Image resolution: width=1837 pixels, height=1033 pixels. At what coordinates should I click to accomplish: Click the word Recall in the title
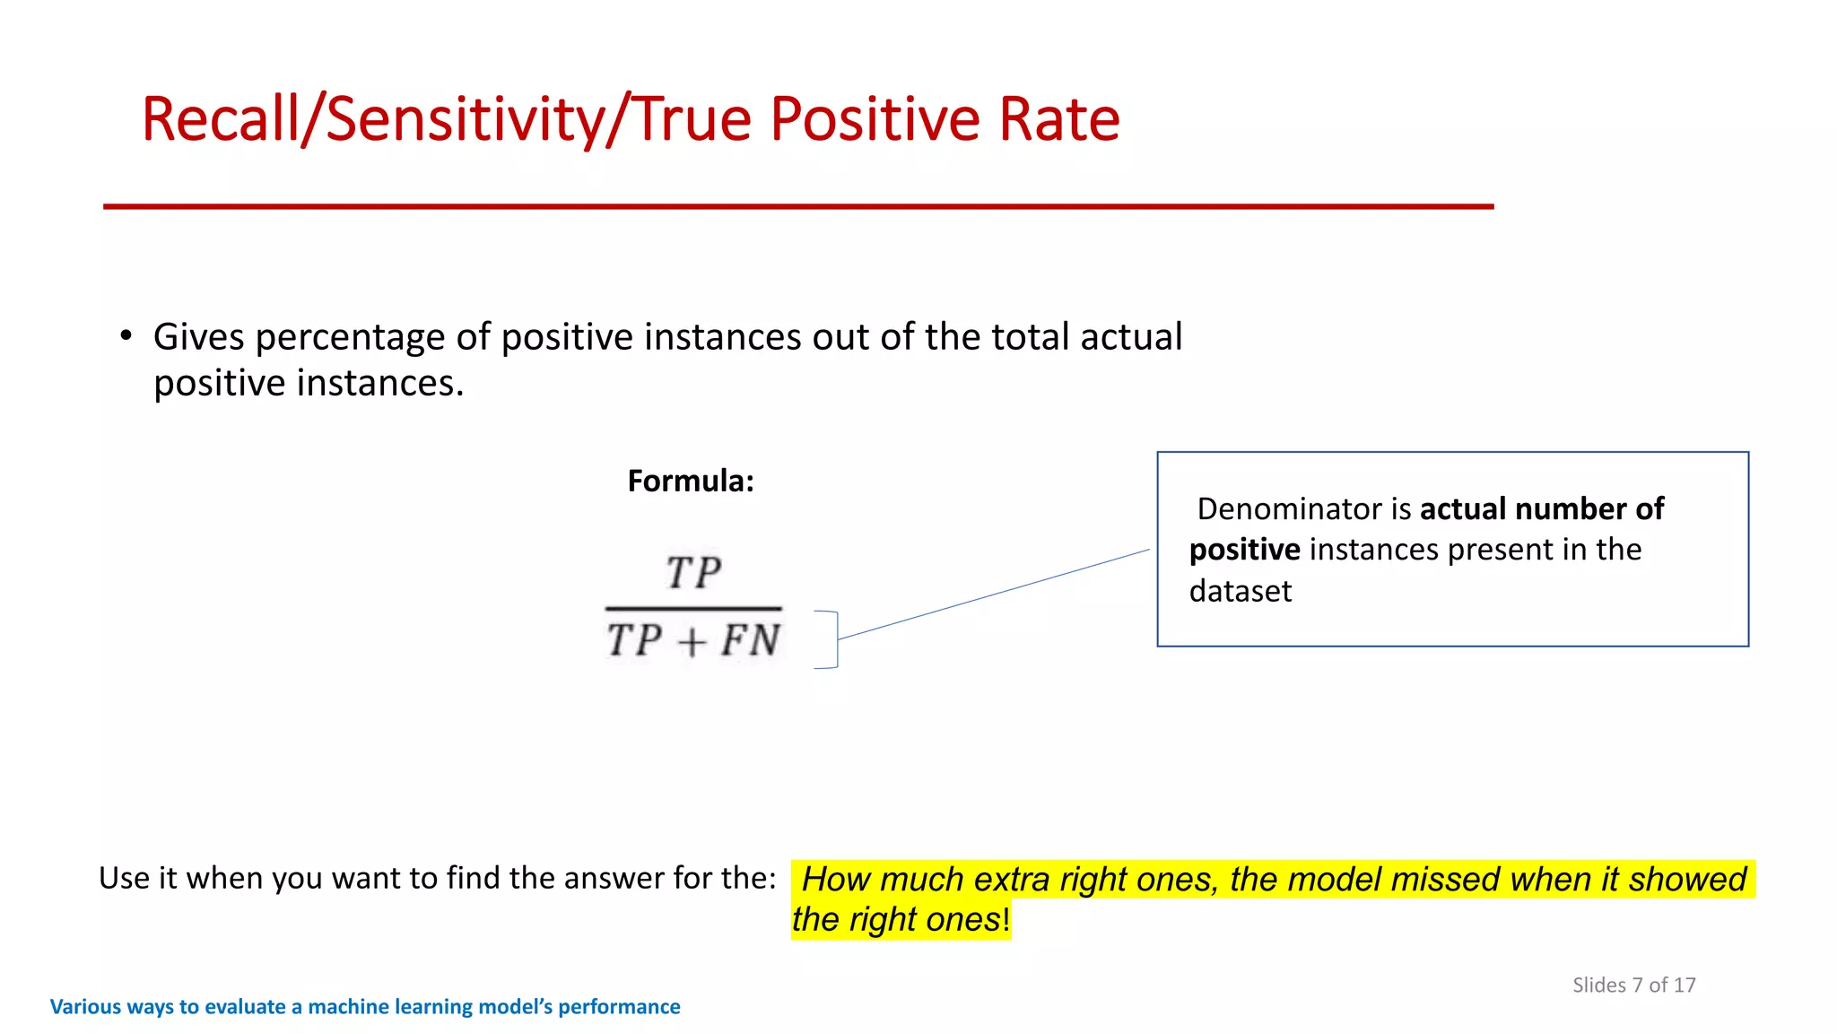point(220,119)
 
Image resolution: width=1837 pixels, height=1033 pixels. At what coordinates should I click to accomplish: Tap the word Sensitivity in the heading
point(465,119)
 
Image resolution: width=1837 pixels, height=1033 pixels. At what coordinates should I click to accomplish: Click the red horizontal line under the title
point(798,206)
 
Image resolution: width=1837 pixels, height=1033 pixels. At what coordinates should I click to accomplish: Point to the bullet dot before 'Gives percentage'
point(126,336)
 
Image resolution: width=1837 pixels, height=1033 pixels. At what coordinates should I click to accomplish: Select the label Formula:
point(691,482)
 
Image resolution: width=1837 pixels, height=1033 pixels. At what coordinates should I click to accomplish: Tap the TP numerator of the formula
point(693,573)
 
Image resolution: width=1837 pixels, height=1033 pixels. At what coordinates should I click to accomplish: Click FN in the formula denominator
point(750,640)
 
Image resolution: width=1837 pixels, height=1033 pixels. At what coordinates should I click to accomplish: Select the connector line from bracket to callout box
point(994,594)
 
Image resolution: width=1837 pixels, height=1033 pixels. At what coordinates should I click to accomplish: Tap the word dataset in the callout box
point(1241,592)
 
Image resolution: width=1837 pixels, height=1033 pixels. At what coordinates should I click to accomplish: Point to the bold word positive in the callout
point(1244,550)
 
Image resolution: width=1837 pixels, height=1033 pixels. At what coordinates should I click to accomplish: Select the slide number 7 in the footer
point(1637,985)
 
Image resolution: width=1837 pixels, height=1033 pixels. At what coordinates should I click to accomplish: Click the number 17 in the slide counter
point(1685,985)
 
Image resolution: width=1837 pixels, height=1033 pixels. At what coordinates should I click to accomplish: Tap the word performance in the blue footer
point(619,1007)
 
